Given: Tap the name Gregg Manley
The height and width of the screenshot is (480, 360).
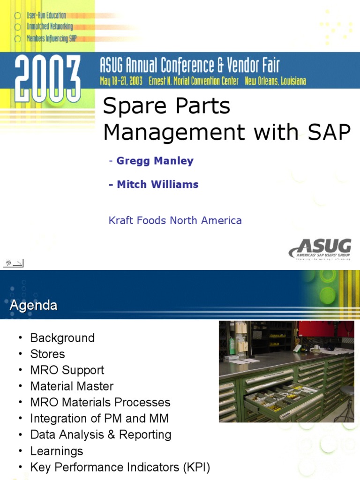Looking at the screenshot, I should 155,161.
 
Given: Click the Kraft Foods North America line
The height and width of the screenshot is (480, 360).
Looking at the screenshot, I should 175,220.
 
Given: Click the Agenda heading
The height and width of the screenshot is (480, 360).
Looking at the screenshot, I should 34,306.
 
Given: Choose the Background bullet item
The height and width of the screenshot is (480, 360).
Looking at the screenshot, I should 62,337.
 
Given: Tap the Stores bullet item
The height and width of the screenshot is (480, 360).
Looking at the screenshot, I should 47,354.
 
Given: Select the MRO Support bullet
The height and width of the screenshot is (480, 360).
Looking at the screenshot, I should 67,370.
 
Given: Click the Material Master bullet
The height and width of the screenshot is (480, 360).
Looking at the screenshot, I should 72,386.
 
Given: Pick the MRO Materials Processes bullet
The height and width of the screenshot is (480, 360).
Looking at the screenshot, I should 100,402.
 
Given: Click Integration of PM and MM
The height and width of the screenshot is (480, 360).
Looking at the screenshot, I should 99,418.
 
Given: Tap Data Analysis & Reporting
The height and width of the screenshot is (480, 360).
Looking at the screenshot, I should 101,435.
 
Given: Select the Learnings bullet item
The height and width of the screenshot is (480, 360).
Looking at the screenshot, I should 57,451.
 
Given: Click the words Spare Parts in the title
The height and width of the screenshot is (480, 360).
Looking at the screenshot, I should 166,106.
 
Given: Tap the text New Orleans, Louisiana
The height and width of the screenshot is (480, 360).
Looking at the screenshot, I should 275,81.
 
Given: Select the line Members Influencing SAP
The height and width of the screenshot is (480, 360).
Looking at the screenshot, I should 52,38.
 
